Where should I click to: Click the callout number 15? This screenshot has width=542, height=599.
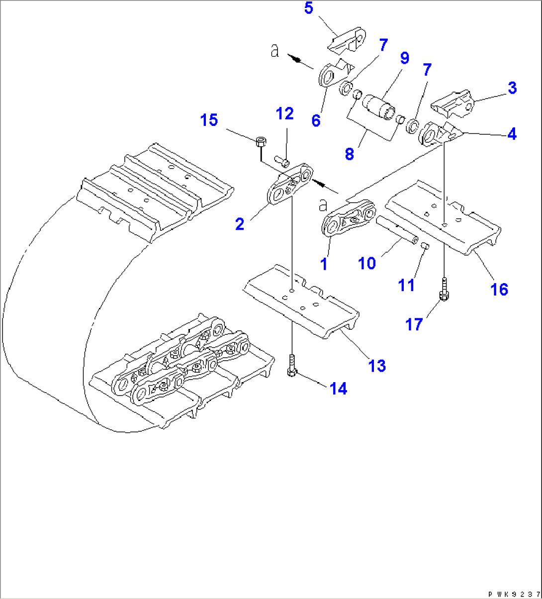(209, 120)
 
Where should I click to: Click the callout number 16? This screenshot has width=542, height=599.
(500, 289)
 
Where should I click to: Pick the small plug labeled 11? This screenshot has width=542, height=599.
(425, 245)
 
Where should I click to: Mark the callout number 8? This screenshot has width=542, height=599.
(350, 154)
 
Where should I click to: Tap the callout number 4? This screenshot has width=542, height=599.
(511, 133)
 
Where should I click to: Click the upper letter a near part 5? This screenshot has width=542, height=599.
(275, 51)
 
